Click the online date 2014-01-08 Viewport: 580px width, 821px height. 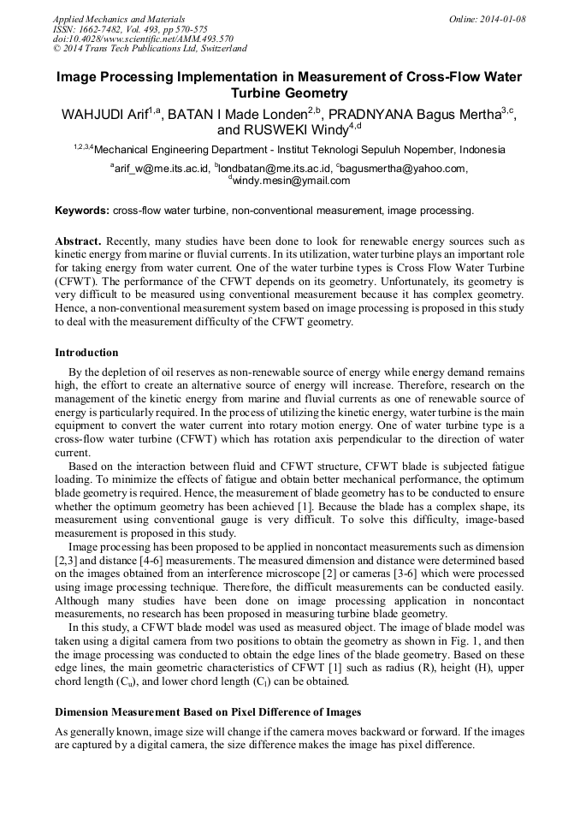tap(506, 19)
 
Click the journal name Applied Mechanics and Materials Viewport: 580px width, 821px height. tap(119, 19)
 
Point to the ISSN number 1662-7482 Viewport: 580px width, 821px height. tap(107, 29)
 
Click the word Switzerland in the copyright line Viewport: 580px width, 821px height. tap(222, 49)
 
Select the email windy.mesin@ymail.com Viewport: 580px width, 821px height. tap(291, 181)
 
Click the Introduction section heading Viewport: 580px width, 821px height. tap(86, 353)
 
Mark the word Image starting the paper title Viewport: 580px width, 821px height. tap(79, 77)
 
